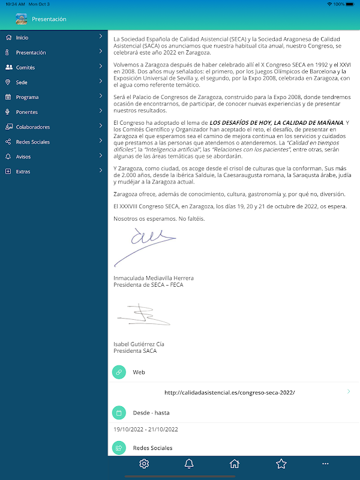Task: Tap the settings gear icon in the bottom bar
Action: pyautogui.click(x=144, y=463)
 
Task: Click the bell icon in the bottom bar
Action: pyautogui.click(x=189, y=463)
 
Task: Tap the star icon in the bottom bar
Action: pyautogui.click(x=281, y=463)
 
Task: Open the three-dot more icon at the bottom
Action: pyautogui.click(x=326, y=463)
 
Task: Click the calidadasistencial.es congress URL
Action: pyautogui.click(x=230, y=392)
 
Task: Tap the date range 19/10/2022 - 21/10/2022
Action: pyautogui.click(x=146, y=430)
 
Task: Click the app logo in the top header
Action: pyautogui.click(x=22, y=19)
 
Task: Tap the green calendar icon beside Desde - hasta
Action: pyautogui.click(x=119, y=412)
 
